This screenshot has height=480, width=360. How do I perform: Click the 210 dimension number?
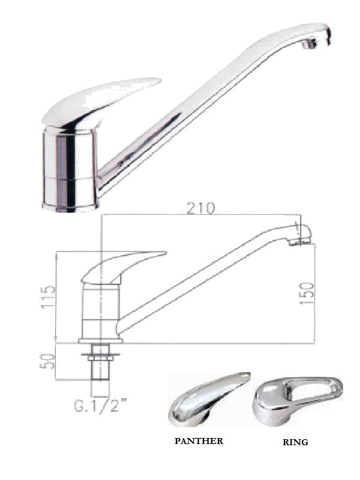point(201,208)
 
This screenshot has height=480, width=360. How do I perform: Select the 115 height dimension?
point(49,297)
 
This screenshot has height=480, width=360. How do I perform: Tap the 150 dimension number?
point(307,293)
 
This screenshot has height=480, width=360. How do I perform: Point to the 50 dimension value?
point(48,361)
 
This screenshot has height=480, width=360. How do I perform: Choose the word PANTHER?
point(199,441)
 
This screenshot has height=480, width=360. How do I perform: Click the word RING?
point(295,442)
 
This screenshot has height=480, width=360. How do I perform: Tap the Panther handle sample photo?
point(209,400)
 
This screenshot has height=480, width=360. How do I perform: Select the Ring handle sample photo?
point(298,401)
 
